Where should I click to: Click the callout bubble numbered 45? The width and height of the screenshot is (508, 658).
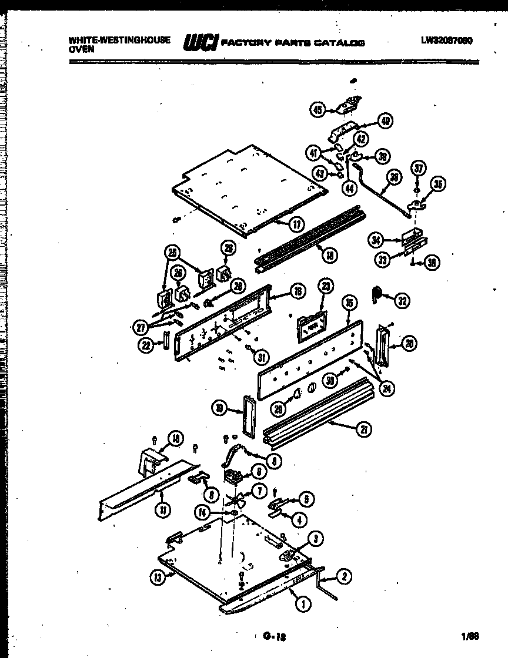coord(317,109)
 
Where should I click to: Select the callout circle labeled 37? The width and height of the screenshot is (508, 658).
coord(417,167)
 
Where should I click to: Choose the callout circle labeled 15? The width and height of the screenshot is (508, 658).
coord(349,303)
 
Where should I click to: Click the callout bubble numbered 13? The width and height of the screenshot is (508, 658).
coord(156,578)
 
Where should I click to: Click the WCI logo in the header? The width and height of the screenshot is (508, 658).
coord(201,42)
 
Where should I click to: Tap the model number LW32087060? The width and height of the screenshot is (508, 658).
coord(447,41)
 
